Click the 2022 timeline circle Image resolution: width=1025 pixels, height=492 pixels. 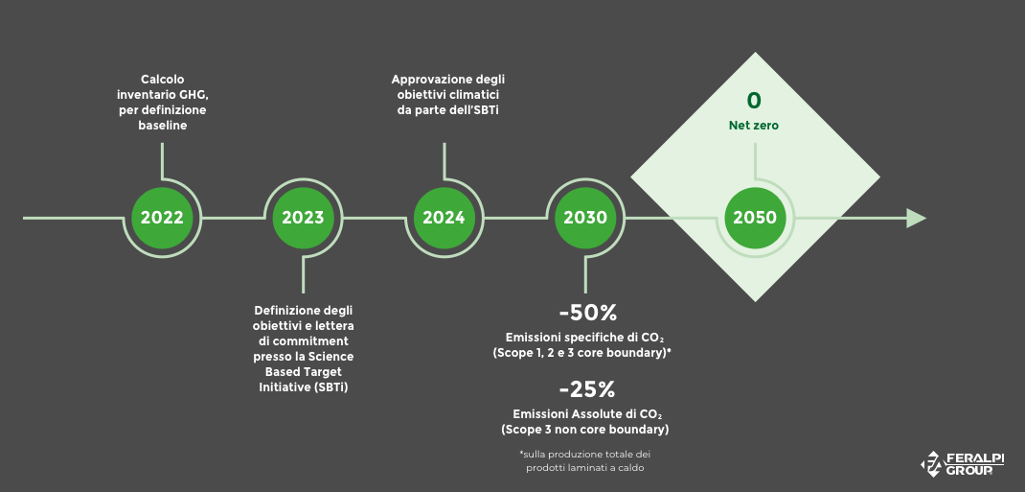point(162,218)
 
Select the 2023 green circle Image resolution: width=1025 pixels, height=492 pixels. point(303,218)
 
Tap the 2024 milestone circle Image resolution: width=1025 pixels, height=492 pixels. point(444,218)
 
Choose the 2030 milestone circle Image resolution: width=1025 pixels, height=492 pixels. point(585,218)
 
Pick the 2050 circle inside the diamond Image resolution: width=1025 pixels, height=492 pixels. point(755,218)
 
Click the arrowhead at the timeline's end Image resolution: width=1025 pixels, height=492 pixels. point(916,218)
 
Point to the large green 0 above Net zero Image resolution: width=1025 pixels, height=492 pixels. point(754,101)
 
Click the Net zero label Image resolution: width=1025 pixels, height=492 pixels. point(754,126)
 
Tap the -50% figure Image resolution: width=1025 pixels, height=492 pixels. point(587,313)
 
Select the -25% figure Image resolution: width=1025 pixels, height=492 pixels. point(587,389)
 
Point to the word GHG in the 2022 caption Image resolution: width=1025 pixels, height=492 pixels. point(193,95)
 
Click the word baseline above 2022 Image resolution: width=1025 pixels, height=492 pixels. point(162,126)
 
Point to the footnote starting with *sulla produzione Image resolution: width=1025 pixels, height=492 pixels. point(584,460)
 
